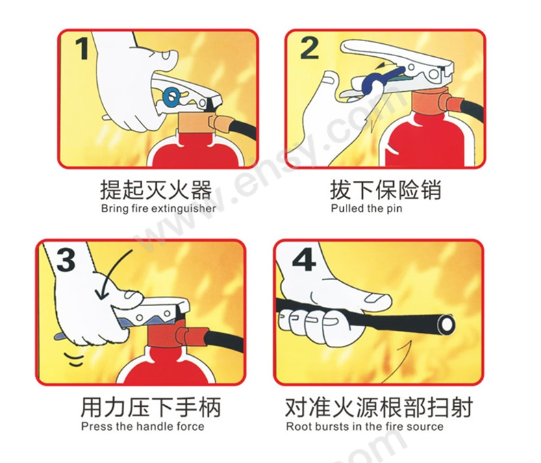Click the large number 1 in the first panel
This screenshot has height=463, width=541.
coord(82,49)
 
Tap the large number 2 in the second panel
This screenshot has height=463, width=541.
coord(310,49)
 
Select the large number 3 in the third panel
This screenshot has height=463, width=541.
coord(66,260)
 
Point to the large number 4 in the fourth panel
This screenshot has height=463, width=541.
coord(304,260)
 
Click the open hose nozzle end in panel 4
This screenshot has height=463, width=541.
coord(446,325)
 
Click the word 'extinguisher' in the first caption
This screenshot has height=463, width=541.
coord(184,209)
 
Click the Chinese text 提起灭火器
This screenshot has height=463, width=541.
coord(156,190)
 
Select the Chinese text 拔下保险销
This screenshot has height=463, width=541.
coord(386,190)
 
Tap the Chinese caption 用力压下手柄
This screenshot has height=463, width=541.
coord(151,407)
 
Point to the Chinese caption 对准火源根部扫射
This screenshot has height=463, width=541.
coord(379,407)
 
